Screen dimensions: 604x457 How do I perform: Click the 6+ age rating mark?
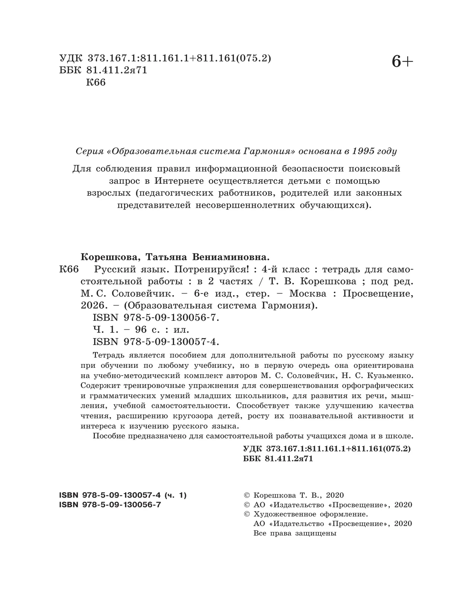point(402,62)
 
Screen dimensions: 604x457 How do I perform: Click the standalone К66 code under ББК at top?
point(96,82)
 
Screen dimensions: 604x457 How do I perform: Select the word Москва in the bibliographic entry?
point(308,294)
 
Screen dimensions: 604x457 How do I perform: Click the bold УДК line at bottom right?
point(327,448)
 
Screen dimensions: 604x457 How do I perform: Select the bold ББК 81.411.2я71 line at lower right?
point(278,459)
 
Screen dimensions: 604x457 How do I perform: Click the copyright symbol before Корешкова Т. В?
point(247,495)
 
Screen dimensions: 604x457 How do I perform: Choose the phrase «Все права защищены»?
point(295,533)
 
